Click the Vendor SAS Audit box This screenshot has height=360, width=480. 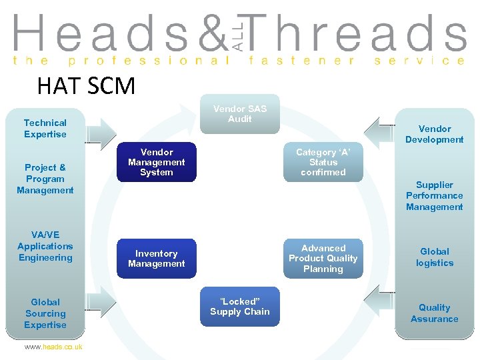pyautogui.click(x=239, y=114)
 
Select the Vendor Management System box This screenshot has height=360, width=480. pyautogui.click(x=157, y=162)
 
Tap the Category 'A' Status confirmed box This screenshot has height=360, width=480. pyautogui.click(x=323, y=162)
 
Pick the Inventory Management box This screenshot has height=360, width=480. pyautogui.click(x=157, y=259)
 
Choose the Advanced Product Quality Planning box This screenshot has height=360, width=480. pyautogui.click(x=323, y=259)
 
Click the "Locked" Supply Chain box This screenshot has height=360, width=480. pyautogui.click(x=239, y=307)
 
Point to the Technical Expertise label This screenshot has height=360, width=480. pyautogui.click(x=45, y=129)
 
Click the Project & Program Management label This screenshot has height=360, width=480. pyautogui.click(x=45, y=179)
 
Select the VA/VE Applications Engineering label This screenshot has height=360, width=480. pyautogui.click(x=45, y=246)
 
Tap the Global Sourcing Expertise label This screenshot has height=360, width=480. pyautogui.click(x=45, y=313)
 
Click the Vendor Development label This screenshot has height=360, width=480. pyautogui.click(x=435, y=134)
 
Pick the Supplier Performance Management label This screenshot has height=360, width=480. pyautogui.click(x=435, y=196)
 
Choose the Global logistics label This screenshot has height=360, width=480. pyautogui.click(x=435, y=257)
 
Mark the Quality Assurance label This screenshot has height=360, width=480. pyautogui.click(x=435, y=313)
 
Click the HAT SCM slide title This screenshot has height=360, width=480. pyautogui.click(x=86, y=86)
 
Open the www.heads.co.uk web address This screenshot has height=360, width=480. pyautogui.click(x=53, y=347)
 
